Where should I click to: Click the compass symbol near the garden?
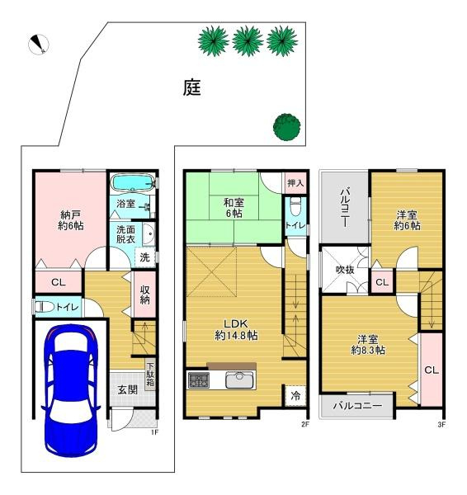click(x=39, y=45)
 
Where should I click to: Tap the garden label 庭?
click(x=192, y=87)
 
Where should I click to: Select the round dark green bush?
click(x=286, y=126)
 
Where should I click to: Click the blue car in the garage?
click(x=71, y=390)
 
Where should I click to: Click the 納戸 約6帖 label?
click(x=71, y=220)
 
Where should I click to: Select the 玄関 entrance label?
click(x=128, y=389)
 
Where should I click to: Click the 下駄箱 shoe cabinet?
click(x=150, y=375)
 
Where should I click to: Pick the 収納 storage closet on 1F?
click(x=145, y=294)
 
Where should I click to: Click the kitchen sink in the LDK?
click(x=239, y=379)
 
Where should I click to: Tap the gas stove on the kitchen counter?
click(x=199, y=380)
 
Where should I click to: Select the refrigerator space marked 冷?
click(x=295, y=396)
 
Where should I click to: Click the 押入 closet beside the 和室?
click(x=295, y=182)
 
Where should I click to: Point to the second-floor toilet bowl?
click(x=295, y=207)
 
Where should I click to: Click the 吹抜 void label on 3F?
click(x=345, y=270)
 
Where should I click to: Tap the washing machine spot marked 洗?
click(x=144, y=257)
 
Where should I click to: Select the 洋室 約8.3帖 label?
click(x=368, y=345)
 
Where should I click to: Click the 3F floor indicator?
click(x=441, y=425)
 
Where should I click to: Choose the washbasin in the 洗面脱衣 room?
click(x=149, y=234)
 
